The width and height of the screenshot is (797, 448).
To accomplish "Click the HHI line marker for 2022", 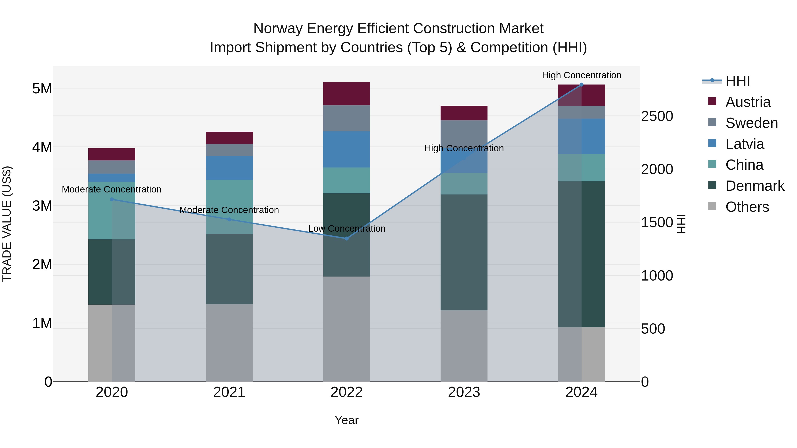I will tap(346, 238).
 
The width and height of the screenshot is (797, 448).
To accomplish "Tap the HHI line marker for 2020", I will tap(112, 199).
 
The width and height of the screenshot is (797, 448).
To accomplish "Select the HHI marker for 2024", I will tap(581, 85).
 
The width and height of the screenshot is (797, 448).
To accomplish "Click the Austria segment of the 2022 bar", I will tap(346, 94).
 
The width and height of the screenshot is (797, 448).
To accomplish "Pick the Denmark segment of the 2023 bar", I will tap(464, 252).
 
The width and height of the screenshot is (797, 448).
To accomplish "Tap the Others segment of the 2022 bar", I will tap(346, 329).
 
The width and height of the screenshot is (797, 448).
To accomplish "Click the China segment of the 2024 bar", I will tap(581, 167).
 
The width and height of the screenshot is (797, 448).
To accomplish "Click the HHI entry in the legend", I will tap(738, 81).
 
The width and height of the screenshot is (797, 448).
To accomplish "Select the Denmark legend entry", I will tap(755, 186).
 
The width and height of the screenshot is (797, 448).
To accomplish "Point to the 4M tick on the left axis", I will tap(42, 147).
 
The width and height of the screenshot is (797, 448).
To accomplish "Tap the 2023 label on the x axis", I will tap(464, 392).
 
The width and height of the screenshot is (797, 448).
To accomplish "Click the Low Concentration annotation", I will tap(346, 229).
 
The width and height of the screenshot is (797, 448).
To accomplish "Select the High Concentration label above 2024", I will tap(581, 75).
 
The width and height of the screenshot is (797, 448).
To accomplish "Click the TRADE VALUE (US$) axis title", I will tap(7, 224).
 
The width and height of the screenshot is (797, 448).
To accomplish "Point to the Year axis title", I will tap(346, 420).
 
